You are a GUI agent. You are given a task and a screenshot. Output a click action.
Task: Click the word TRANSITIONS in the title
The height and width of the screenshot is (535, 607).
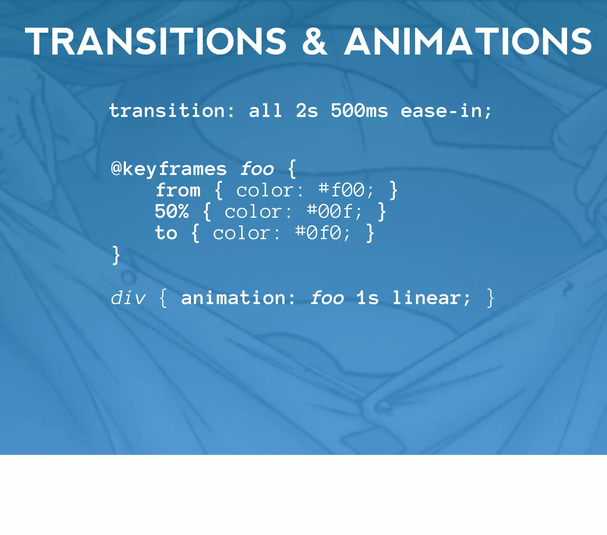click(x=156, y=41)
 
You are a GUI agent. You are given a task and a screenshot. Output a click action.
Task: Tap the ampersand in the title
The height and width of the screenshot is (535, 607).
click(x=315, y=41)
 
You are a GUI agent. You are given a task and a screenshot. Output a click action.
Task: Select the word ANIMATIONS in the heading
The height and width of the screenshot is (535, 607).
click(x=468, y=41)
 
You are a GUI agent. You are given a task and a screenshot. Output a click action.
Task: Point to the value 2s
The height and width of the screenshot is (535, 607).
click(x=307, y=111)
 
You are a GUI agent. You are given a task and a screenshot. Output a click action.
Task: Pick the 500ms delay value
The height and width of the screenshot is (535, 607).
click(x=359, y=111)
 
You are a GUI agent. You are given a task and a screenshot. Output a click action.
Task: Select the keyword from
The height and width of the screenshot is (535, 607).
click(x=178, y=190)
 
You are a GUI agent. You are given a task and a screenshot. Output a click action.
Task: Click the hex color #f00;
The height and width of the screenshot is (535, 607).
click(x=346, y=190)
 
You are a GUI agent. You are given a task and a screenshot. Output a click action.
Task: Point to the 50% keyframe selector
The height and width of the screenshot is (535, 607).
click(x=172, y=212)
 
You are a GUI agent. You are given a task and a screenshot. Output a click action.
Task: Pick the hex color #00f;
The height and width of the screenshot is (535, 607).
click(x=334, y=212)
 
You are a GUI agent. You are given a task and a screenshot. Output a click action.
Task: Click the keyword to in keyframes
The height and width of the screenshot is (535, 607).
click(x=166, y=233)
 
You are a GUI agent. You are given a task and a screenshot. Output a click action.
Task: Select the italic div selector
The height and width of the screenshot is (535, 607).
click(x=128, y=298)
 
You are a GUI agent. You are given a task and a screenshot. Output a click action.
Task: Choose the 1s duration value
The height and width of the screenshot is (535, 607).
click(x=368, y=298)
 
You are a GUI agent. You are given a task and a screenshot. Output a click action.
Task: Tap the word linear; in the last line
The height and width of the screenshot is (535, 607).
click(x=432, y=298)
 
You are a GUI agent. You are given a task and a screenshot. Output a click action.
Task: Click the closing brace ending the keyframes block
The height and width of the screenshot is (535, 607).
click(x=116, y=255)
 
